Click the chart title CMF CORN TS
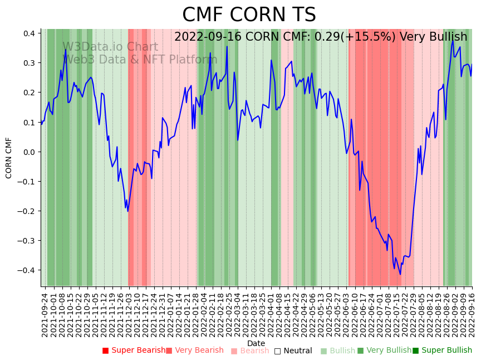[249, 15]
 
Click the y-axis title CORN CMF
[9, 158]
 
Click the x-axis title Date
[256, 343]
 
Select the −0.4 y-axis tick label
[28, 270]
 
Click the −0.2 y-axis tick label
[28, 211]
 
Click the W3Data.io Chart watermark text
[110, 47]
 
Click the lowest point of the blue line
[400, 274]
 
